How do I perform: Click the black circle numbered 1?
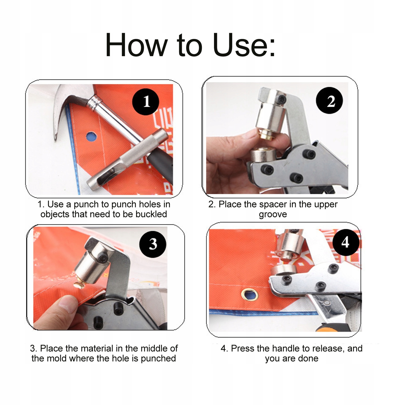tap(145, 102)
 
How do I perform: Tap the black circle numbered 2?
tap(329, 100)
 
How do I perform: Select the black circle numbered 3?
tap(153, 244)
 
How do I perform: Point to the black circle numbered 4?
tap(346, 242)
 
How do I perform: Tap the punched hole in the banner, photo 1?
tap(91, 136)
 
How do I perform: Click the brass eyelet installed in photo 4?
tap(249, 294)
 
